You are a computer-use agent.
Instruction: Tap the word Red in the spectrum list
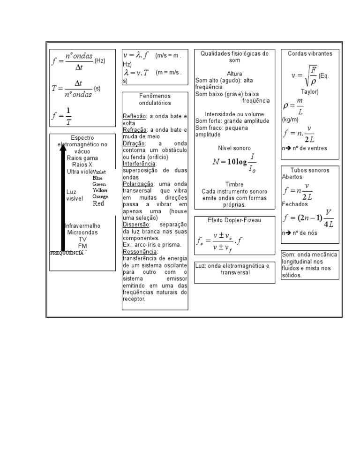[x=98, y=203]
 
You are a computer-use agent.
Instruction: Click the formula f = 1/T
[x=62, y=115]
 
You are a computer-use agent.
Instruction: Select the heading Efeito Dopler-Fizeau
[x=234, y=220]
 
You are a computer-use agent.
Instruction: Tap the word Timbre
[x=234, y=185]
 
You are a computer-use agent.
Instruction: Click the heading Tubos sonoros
[x=310, y=171]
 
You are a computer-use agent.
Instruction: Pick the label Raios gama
[x=82, y=158]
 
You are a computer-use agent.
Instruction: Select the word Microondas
[x=82, y=233]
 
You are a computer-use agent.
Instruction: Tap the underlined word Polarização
[x=137, y=184]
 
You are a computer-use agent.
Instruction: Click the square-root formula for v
[x=303, y=75]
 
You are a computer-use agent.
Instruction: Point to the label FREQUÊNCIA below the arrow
[x=67, y=253]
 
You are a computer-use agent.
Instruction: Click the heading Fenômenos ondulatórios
[x=155, y=99]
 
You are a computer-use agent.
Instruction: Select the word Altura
[x=234, y=74]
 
